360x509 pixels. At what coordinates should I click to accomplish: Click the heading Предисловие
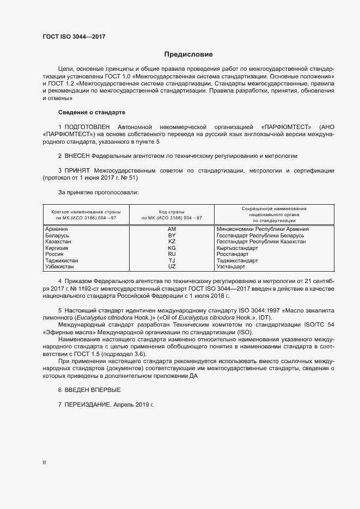pos(188,54)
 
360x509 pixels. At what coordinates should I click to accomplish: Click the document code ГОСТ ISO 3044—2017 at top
pos(74,36)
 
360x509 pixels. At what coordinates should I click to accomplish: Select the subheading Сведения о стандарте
pos(91,113)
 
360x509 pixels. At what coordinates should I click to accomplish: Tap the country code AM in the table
pos(172,229)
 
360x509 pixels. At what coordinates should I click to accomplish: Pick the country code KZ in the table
pos(172,242)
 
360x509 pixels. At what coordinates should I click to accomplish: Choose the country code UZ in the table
pos(172,267)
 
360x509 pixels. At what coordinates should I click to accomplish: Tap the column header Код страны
pos(172,211)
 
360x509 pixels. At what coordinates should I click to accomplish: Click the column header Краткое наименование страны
pos(86,211)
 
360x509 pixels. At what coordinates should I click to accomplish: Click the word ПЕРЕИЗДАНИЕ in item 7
pos(87,406)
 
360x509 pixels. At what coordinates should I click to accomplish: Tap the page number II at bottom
pos(44,462)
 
